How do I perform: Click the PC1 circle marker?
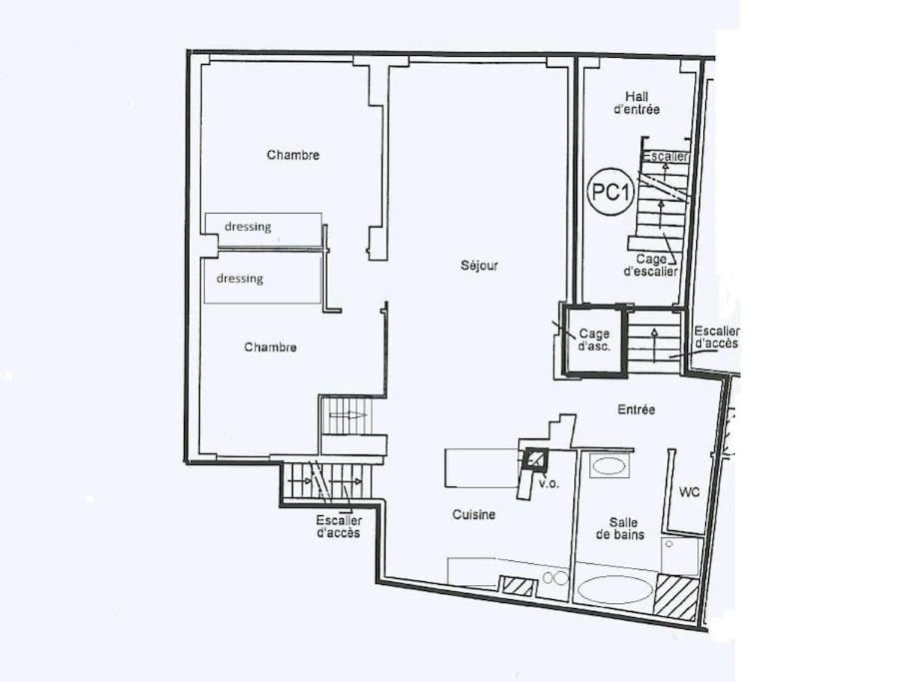pos(610,192)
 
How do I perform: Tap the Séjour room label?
pos(479,266)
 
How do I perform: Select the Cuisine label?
pos(473,514)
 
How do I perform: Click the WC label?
pos(689,492)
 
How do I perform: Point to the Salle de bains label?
pos(620,528)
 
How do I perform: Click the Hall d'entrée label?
pos(636,103)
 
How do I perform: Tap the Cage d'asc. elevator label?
pos(594,340)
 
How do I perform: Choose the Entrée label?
pos(636,409)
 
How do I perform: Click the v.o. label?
pos(548,483)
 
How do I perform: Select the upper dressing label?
pos(248,227)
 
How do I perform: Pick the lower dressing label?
pos(240,279)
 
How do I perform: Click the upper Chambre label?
pos(293,155)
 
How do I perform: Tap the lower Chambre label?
pos(270,347)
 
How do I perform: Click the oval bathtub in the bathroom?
pos(614,589)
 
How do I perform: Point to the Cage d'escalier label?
pos(650,266)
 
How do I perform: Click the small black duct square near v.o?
pos(535,458)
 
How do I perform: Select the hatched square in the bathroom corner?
pos(676,598)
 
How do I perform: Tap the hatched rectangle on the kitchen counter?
pos(518,587)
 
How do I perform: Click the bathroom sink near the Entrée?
pos(609,465)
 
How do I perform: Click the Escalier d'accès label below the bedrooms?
pos(339,526)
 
